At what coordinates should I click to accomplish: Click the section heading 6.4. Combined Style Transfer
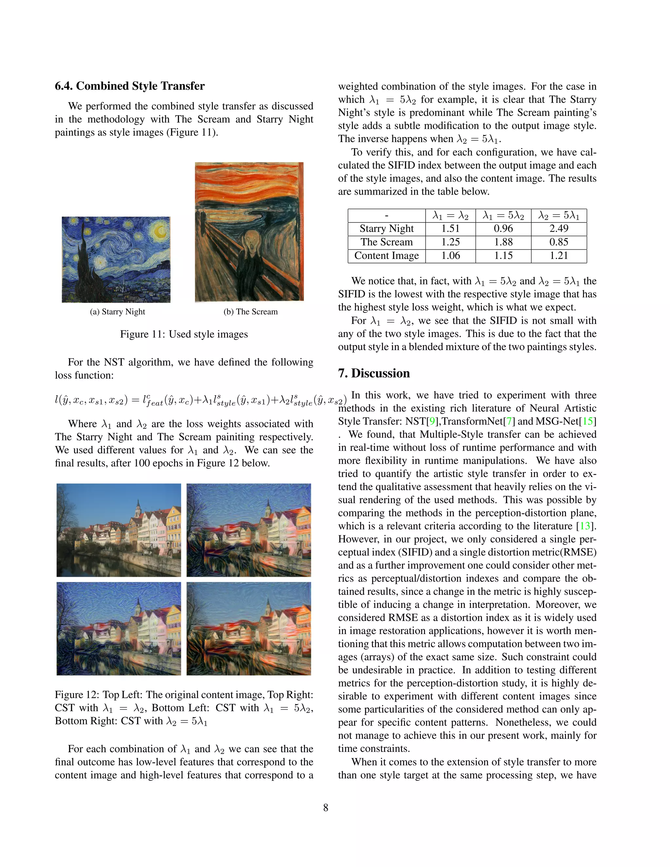130,86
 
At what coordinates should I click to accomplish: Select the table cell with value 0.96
503,229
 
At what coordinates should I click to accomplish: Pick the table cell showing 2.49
558,229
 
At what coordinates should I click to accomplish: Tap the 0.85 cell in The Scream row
558,242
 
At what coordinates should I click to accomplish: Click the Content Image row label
386,256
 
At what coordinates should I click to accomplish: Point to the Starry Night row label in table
386,229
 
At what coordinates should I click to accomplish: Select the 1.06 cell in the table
450,256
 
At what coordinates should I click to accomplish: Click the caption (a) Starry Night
117,311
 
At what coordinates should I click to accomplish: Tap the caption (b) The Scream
251,311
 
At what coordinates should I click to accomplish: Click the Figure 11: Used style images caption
184,334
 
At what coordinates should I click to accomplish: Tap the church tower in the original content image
138,508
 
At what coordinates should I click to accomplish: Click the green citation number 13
585,526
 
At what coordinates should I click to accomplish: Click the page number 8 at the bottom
326,807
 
